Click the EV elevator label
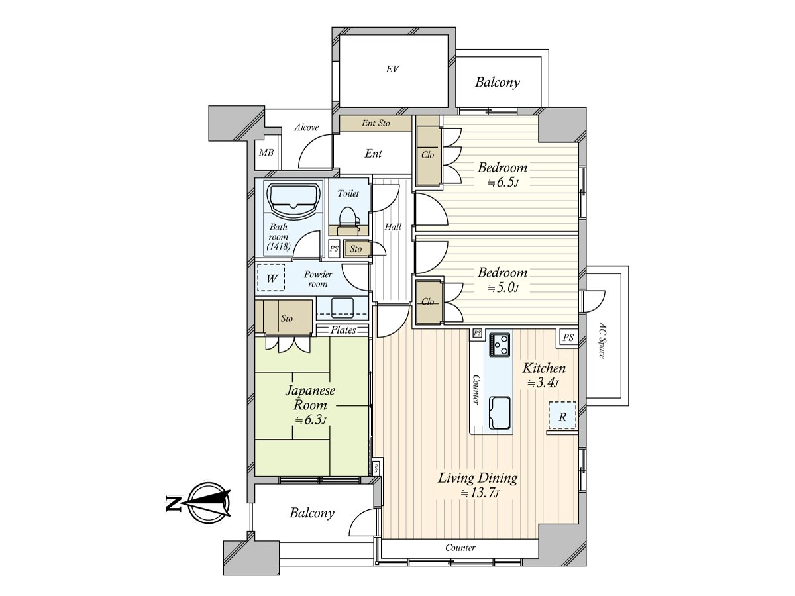coord(392,69)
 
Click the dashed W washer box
coord(271,277)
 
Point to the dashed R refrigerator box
coord(562,416)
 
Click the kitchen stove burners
coord(500,344)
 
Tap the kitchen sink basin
coord(500,413)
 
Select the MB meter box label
coord(266,153)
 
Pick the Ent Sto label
coord(376,123)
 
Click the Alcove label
coord(307,127)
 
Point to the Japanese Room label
coord(309,397)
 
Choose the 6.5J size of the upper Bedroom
coord(503,182)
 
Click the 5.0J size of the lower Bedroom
coord(503,287)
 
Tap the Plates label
coord(343,330)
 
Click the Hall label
coord(393,227)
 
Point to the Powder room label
coord(317,279)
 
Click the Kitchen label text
coord(544,368)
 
